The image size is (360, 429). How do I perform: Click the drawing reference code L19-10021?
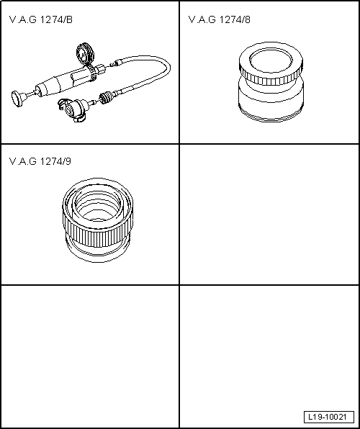329,417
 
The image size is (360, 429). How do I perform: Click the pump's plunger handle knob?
17,96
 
